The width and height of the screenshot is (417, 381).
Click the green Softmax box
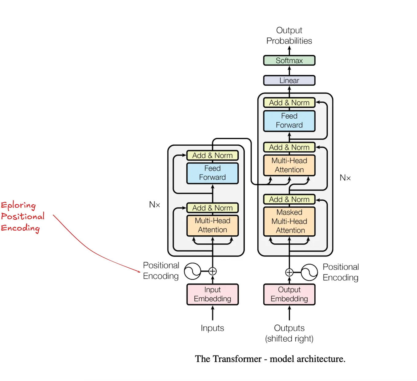click(289, 61)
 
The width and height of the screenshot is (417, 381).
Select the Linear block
click(289, 81)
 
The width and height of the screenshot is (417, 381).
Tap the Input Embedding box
click(212, 294)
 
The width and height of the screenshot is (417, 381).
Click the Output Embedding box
click(289, 294)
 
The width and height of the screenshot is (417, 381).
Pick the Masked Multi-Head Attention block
click(289, 221)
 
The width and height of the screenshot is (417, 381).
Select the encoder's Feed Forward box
click(212, 173)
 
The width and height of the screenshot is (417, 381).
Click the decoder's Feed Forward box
click(289, 121)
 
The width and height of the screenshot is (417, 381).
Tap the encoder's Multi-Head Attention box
click(212, 225)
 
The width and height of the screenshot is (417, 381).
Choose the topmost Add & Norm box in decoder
click(289, 103)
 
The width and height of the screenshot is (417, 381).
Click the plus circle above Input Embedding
click(212, 271)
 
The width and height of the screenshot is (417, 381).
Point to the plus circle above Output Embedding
click(289, 272)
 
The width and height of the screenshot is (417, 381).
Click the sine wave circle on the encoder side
click(193, 271)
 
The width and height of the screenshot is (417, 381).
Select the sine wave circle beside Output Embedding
click(309, 272)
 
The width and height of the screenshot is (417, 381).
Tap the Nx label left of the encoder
click(154, 205)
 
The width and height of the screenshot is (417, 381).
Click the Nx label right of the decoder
click(345, 178)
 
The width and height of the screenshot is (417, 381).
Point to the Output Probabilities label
click(289, 36)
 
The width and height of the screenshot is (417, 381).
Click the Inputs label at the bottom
click(212, 328)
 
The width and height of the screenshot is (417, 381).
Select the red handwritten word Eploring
click(18, 205)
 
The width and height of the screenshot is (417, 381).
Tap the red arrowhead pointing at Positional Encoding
click(139, 271)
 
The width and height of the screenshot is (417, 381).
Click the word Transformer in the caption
click(237, 359)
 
